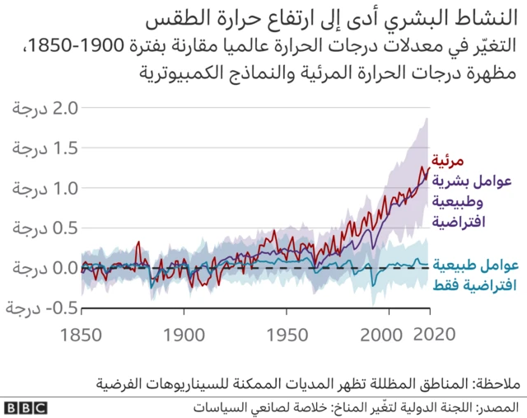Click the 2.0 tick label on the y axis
[44, 108]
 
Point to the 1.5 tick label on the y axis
[44, 148]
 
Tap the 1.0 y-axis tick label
[44, 188]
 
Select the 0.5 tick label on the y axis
[44, 228]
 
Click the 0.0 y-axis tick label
[44, 269]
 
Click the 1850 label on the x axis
[82, 336]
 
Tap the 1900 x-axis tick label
[185, 336]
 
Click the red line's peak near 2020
[425, 167]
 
